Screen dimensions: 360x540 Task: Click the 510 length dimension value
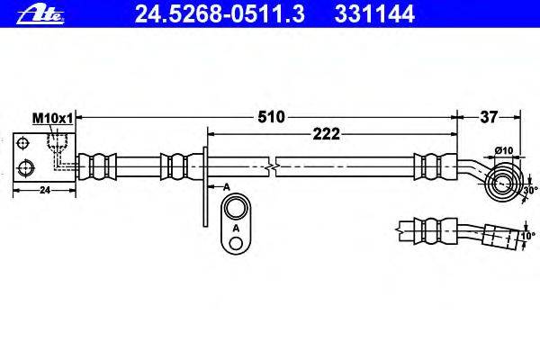point(271,116)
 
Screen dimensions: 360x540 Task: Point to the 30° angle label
point(529,190)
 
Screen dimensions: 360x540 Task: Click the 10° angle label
point(527,237)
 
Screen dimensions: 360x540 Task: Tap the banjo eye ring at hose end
point(501,184)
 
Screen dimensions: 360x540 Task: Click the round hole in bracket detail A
point(236,209)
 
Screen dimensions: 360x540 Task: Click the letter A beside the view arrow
point(226,184)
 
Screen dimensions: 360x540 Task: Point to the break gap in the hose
point(274,166)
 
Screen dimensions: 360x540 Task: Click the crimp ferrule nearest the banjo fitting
point(427,166)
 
